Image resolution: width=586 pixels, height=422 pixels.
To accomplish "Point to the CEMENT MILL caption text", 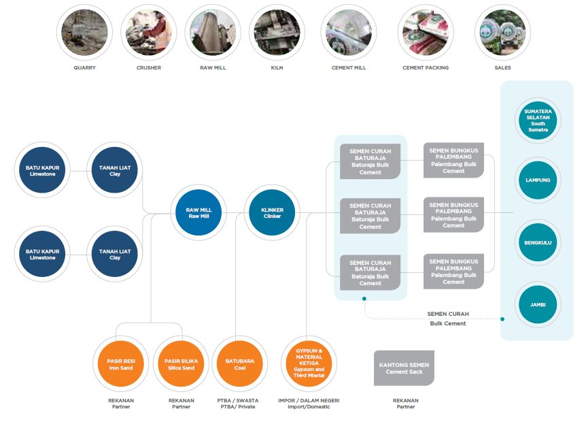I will tap(349, 68).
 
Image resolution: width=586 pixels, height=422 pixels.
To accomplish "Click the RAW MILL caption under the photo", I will tap(213, 68).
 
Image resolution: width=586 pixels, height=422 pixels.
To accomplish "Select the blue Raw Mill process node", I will tap(199, 213).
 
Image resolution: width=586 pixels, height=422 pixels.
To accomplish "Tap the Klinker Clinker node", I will tap(272, 213).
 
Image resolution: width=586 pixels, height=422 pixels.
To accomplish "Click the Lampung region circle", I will tap(538, 180).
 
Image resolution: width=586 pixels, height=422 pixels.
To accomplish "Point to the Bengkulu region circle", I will tap(538, 242).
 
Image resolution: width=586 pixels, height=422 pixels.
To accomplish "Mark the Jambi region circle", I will tap(538, 304).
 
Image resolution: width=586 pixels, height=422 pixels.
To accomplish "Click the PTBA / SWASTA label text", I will tap(239, 401).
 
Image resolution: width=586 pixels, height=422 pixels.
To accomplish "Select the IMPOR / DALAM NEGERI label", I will tap(309, 401).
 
